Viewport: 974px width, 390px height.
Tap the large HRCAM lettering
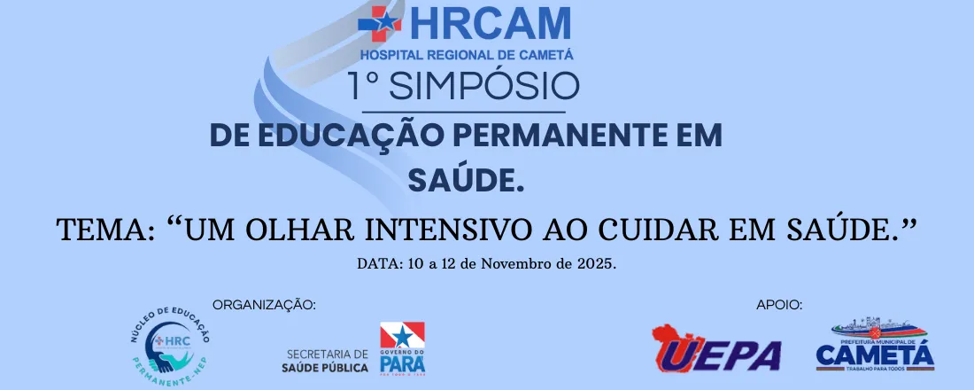click(483, 24)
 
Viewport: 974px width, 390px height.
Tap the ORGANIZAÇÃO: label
click(264, 305)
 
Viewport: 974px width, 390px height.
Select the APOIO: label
click(779, 305)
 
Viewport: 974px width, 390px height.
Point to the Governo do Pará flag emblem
click(402, 348)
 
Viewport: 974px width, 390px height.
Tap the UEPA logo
click(716, 348)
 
